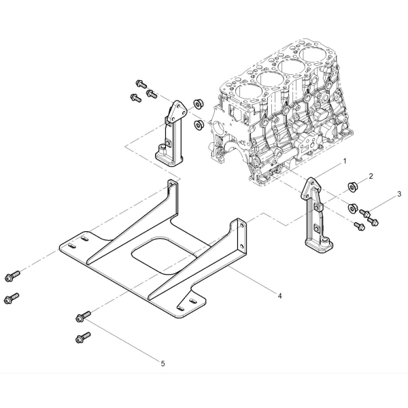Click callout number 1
pyautogui.click(x=345, y=161)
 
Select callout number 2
pyautogui.click(x=371, y=176)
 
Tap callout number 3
pyautogui.click(x=399, y=194)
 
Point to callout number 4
pyautogui.click(x=279, y=296)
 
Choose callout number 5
pyautogui.click(x=163, y=364)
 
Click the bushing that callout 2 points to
pyautogui.click(x=353, y=187)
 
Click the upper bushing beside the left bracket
pyautogui.click(x=199, y=104)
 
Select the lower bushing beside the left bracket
pyautogui.click(x=199, y=124)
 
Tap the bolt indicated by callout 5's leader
pyautogui.click(x=83, y=316)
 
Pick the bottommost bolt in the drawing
pyautogui.click(x=82, y=337)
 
